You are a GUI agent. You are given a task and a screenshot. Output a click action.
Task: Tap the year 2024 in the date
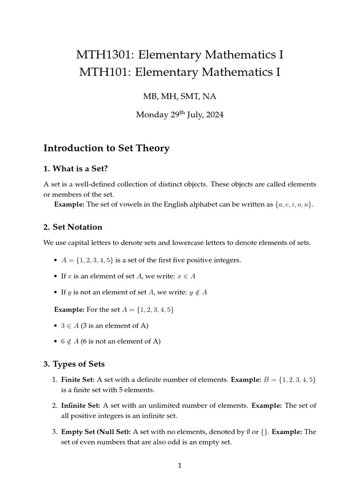coord(213,115)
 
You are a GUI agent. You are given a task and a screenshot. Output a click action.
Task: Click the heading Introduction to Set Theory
coord(106,148)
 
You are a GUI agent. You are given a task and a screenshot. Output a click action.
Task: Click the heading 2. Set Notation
coord(73,227)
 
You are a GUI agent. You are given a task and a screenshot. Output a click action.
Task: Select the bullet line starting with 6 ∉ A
coord(110,341)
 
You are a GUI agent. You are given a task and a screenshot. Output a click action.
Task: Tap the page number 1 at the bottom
coord(180,465)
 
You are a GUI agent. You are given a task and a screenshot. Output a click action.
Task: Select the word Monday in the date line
coord(151,115)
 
